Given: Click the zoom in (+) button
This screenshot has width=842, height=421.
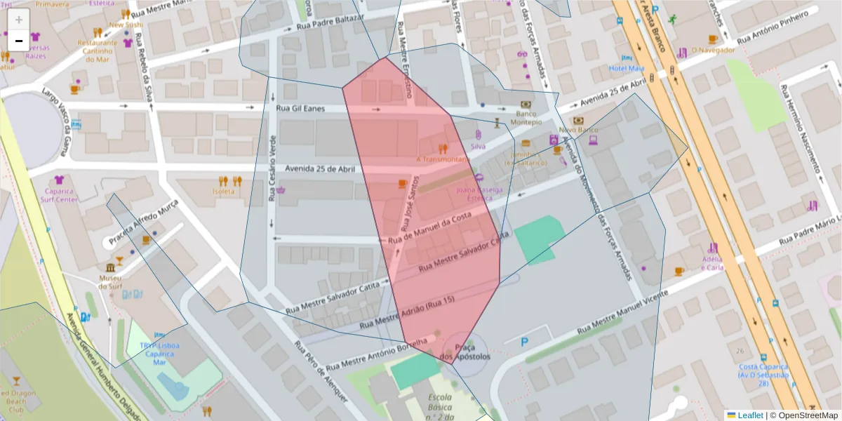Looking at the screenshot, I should (19, 20).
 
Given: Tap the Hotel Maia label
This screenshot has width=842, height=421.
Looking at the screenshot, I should (627, 68).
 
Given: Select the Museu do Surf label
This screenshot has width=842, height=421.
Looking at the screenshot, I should (110, 282).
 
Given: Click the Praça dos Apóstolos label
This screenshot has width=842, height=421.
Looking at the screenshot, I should (465, 352).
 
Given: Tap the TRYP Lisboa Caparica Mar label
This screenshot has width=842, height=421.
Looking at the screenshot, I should (159, 354).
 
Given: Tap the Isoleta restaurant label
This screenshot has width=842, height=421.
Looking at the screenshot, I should (224, 191).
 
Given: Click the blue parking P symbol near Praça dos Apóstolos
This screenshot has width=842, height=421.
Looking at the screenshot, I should (525, 342).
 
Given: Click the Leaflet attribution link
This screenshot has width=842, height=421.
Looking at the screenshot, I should (749, 415).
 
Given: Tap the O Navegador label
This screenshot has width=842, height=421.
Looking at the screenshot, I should (712, 50).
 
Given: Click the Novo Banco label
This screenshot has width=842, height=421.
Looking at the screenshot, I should (577, 130).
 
